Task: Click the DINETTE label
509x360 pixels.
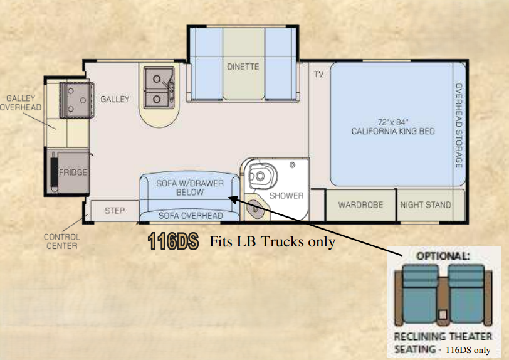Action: tap(243, 66)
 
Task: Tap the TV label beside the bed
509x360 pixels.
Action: tap(318, 75)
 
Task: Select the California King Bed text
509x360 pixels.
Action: tap(393, 127)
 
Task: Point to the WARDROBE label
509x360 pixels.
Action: tap(360, 204)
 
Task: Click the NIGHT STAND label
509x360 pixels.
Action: tap(426, 204)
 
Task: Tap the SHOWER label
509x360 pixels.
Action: tap(286, 196)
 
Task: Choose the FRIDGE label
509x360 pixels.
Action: tap(73, 172)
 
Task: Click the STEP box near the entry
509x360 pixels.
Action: tap(115, 211)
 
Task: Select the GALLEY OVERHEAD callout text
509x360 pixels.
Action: tap(21, 103)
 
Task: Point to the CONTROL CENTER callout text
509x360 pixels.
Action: tap(61, 241)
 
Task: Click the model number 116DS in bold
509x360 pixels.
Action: tap(173, 241)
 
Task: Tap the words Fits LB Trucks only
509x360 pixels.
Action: tap(272, 241)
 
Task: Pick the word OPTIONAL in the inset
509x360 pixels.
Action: tap(443, 256)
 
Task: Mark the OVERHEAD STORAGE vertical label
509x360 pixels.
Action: tap(459, 125)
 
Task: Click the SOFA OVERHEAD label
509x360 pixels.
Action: tap(191, 215)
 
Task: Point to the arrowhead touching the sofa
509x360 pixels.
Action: tap(233, 198)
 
